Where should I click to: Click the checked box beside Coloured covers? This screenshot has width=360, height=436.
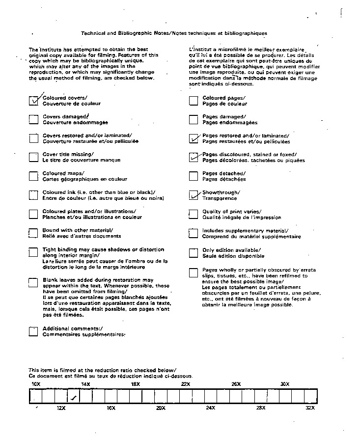pos(33,101)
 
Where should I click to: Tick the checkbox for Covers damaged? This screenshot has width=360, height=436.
pos(33,119)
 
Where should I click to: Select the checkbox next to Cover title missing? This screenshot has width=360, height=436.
pos(33,157)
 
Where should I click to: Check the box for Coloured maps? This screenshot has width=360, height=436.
pos(33,176)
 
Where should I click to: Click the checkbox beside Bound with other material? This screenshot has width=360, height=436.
pos(33,233)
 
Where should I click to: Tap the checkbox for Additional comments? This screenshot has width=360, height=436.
pos(33,331)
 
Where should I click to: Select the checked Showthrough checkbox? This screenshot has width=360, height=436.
pos(194,195)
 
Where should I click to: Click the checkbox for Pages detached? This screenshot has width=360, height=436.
pos(194,176)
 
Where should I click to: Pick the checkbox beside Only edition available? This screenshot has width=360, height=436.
pos(194,253)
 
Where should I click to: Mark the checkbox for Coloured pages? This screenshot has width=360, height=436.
pos(194,101)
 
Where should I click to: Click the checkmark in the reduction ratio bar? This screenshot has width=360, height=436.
pos(74,397)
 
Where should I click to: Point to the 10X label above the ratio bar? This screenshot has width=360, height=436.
pos(36,384)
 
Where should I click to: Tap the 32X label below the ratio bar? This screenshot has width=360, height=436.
pos(310,408)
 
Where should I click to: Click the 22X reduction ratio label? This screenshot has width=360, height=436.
pos(186,384)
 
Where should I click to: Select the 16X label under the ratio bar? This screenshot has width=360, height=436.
pos(111,408)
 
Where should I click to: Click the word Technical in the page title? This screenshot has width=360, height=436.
pos(93,33)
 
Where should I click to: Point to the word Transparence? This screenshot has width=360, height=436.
pos(220,198)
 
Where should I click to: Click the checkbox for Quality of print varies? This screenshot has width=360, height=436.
pos(194,214)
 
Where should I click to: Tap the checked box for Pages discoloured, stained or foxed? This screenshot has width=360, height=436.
pos(194,157)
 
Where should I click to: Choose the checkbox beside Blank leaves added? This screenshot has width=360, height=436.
pos(33,282)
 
